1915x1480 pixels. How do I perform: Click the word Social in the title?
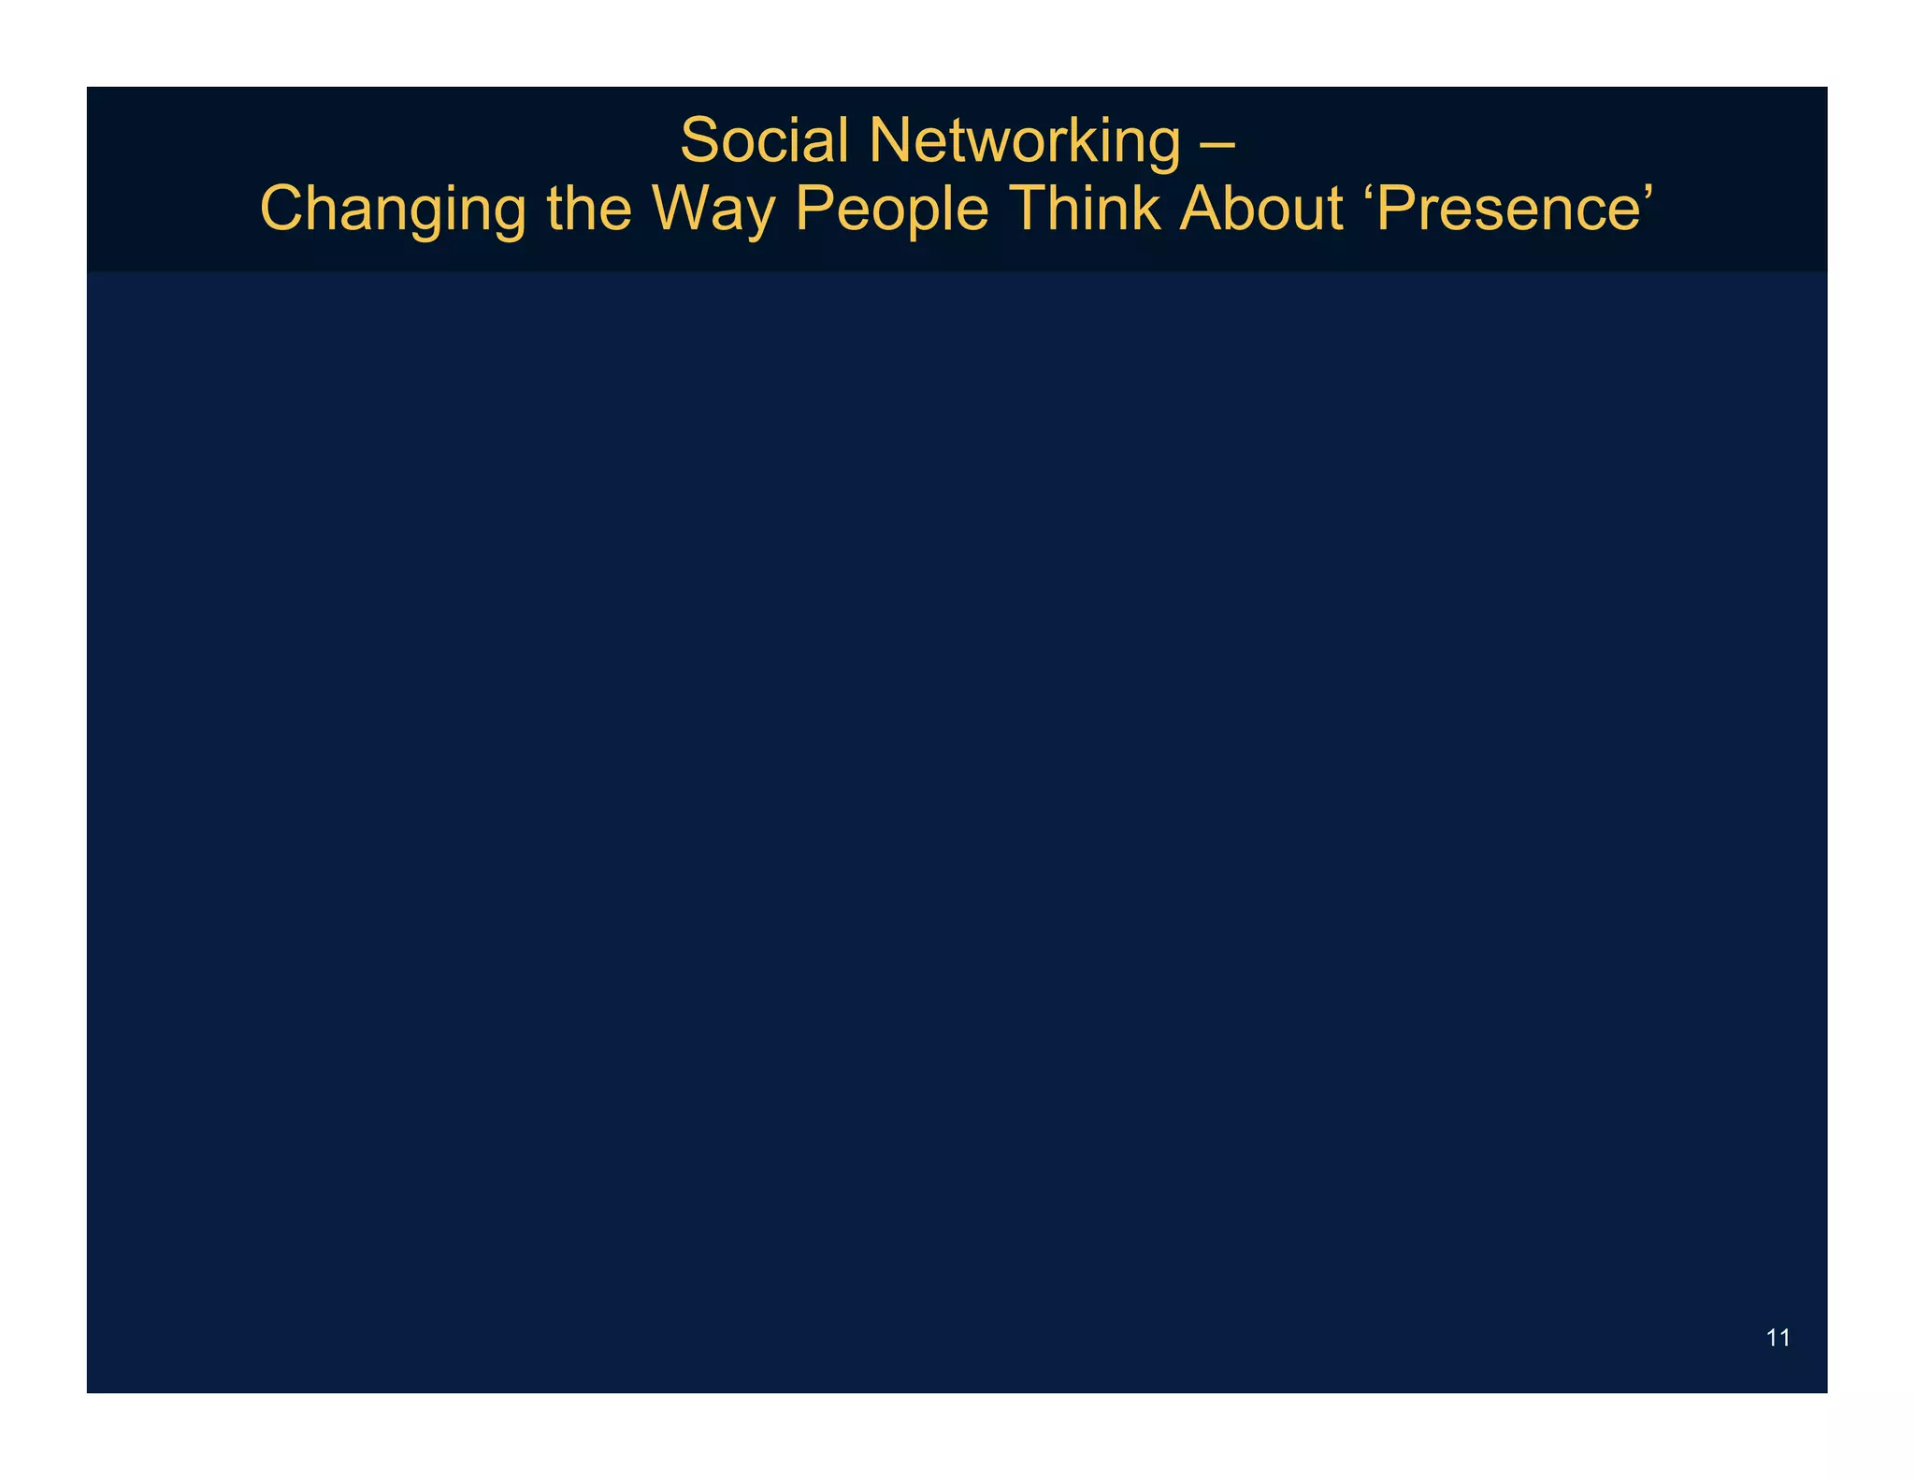pos(763,140)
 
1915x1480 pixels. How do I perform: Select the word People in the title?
pos(892,210)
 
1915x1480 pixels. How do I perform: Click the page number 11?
pos(1778,1338)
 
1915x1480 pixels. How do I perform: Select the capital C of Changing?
pos(284,208)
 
